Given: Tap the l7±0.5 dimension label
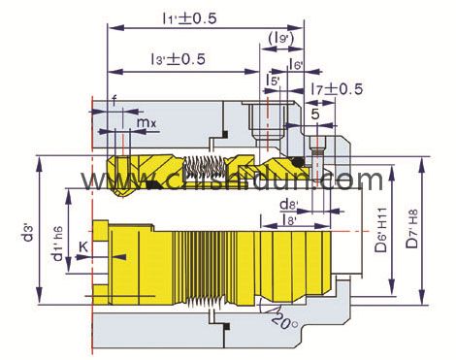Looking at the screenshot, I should (x=337, y=89).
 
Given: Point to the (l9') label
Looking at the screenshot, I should (x=282, y=39).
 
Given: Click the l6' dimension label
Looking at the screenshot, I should (x=297, y=65).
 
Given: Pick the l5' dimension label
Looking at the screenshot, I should (x=275, y=79).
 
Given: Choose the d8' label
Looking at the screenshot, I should (x=287, y=205).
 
